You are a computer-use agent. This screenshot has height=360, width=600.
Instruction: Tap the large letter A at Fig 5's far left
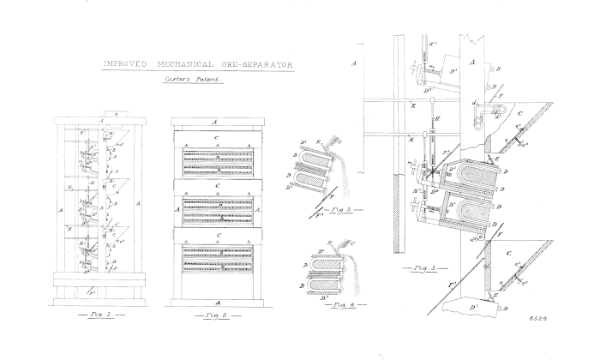pos(354,63)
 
